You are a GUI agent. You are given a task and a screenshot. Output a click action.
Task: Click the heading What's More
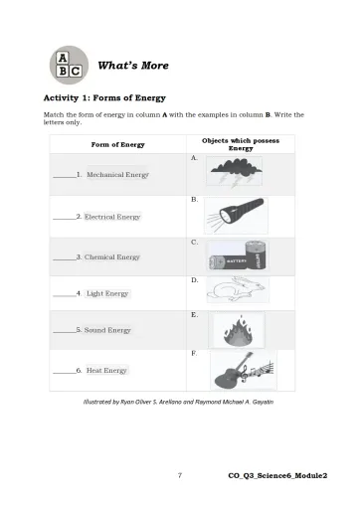point(133,66)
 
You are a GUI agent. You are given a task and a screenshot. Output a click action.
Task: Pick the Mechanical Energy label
point(117,174)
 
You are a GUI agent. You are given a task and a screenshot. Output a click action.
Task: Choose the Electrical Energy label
point(112,216)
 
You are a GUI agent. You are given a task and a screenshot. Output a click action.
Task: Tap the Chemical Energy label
point(112,256)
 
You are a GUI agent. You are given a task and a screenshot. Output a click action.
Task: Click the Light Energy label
point(107,293)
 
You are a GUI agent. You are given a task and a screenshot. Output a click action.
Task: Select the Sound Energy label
point(107,330)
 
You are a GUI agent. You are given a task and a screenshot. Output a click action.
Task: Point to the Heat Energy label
point(106,370)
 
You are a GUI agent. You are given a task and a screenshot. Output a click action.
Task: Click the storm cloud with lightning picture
point(235,174)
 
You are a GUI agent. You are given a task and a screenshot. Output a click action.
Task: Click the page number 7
point(179,476)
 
